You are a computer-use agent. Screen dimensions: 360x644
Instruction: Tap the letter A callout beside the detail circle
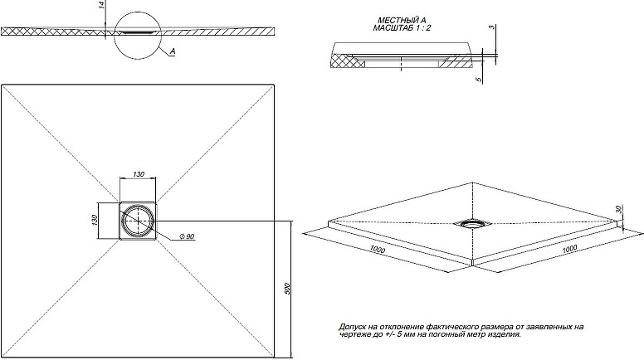[172, 51]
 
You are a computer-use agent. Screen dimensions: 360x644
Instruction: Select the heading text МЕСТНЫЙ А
[402, 21]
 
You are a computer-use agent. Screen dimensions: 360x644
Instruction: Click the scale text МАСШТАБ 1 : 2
[402, 28]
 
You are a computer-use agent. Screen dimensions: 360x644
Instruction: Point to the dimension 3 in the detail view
[493, 28]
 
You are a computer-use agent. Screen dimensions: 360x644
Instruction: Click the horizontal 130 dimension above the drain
[139, 173]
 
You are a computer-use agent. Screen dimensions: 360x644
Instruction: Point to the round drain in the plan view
[138, 222]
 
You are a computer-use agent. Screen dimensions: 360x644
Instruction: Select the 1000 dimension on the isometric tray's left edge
[378, 249]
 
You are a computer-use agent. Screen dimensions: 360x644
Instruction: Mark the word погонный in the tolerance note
[442, 334]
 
